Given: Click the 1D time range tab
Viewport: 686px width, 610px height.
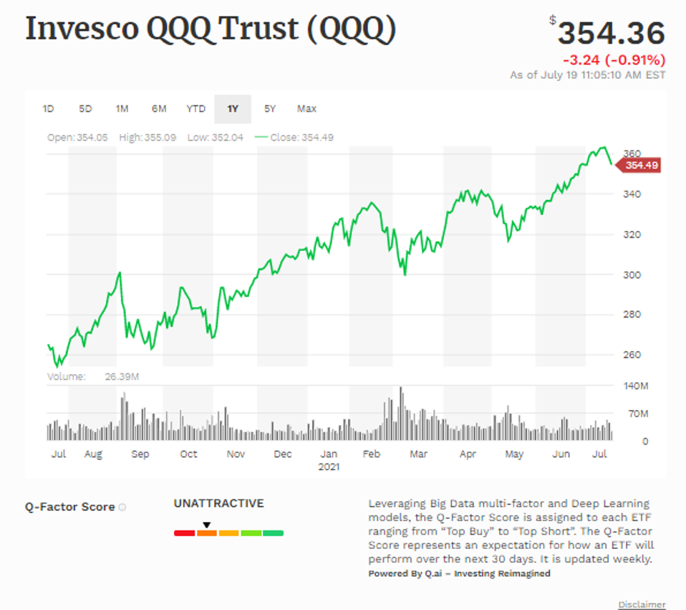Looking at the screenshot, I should tap(48, 109).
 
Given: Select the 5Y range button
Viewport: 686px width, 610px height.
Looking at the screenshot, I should tap(270, 109).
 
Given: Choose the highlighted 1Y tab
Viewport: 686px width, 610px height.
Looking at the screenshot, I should tap(233, 109).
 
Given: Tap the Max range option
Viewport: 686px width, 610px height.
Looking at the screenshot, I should tap(306, 109).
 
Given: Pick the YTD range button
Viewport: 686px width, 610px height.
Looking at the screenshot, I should tap(195, 109).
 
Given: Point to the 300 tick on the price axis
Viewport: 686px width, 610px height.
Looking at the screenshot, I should tap(631, 275).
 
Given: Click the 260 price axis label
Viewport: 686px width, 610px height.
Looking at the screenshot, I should tap(631, 355).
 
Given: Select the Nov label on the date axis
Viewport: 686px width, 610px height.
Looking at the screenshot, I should tap(236, 454).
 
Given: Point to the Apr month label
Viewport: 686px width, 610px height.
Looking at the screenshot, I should tap(468, 454).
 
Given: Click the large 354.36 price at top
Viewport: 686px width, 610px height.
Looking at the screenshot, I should tap(611, 33).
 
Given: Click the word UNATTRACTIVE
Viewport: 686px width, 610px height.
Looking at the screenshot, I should tap(218, 503).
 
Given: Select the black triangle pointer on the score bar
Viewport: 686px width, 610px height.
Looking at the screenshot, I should tap(206, 525).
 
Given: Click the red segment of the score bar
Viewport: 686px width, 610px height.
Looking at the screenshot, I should tap(184, 533).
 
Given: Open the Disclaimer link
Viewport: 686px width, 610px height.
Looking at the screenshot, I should tap(642, 604).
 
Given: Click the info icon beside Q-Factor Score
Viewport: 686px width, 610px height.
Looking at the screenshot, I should tap(122, 507).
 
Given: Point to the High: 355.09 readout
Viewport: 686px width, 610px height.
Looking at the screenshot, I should tap(147, 138).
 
